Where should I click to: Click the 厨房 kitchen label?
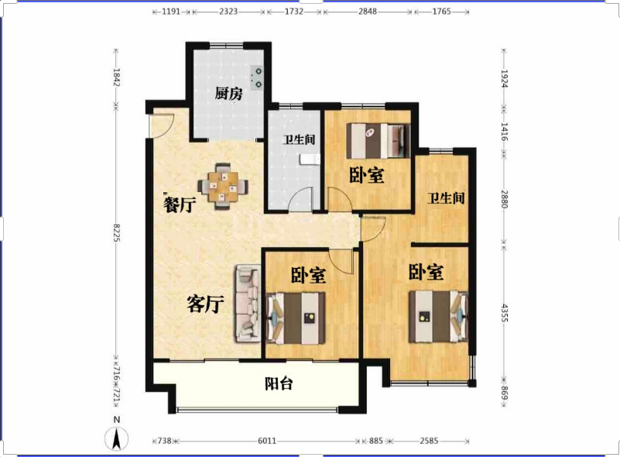[x=228, y=94]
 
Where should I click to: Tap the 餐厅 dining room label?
[x=180, y=204]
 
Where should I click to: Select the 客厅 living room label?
[x=205, y=304]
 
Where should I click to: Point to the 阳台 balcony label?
[x=279, y=383]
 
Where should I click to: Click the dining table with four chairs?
[x=223, y=186]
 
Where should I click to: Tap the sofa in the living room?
[x=248, y=304]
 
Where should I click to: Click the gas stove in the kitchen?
[x=258, y=77]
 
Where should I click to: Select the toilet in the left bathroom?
[x=310, y=159]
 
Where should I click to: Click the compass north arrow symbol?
[x=116, y=438]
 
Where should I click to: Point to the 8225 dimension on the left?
[x=117, y=232]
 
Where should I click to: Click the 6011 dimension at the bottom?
[x=267, y=441]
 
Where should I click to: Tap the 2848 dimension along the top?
[x=368, y=12]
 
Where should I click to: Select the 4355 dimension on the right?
[x=505, y=312]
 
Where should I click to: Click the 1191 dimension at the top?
[x=171, y=12]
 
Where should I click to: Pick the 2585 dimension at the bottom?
[x=429, y=441]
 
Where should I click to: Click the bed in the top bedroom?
[x=378, y=141]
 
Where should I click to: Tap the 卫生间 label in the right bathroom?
[x=446, y=198]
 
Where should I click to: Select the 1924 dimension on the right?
[x=505, y=78]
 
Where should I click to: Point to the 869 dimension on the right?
[x=505, y=393]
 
